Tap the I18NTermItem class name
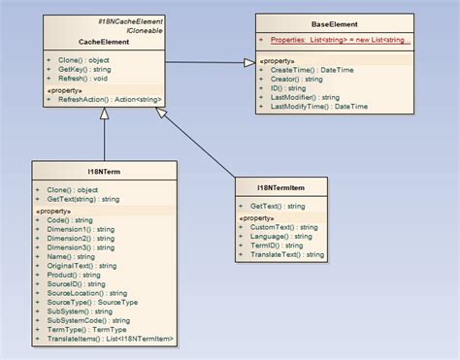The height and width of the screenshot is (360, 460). click(282, 187)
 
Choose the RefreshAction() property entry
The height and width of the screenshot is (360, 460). click(109, 99)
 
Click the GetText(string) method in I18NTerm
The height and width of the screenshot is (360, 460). click(83, 199)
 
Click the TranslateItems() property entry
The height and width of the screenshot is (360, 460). click(109, 338)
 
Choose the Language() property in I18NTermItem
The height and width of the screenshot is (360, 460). click(281, 236)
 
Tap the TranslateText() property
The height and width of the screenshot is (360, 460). click(287, 254)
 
